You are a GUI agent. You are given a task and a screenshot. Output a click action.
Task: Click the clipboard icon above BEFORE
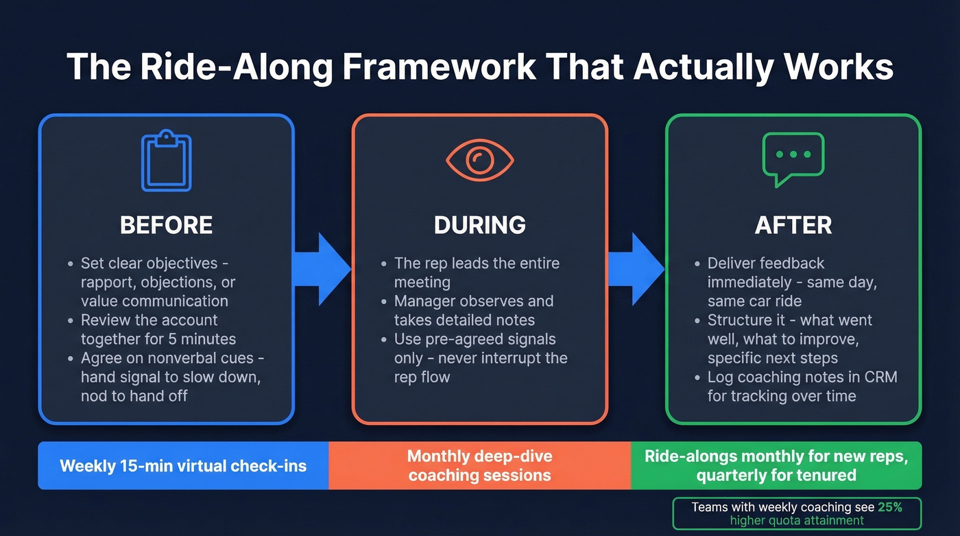click(x=166, y=162)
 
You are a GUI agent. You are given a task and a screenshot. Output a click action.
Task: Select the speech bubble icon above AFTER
click(x=793, y=159)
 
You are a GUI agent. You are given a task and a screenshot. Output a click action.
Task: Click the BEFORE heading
click(x=166, y=225)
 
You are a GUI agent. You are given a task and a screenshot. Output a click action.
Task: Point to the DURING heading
click(x=479, y=225)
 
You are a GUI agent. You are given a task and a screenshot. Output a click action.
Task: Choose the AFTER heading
click(x=793, y=225)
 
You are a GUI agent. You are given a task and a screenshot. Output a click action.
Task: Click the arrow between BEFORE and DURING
click(x=322, y=269)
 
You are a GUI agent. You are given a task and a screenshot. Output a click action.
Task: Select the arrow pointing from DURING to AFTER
click(x=636, y=269)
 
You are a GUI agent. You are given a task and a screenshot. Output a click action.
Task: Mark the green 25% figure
click(x=889, y=507)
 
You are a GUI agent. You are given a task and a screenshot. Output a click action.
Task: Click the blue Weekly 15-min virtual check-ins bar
click(x=183, y=466)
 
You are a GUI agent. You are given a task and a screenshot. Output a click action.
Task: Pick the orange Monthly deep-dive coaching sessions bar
click(x=479, y=465)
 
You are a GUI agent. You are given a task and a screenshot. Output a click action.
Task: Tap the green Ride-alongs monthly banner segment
click(x=776, y=465)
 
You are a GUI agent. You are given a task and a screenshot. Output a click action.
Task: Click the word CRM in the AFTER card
click(x=879, y=377)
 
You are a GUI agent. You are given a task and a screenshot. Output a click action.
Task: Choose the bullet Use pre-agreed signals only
click(x=480, y=358)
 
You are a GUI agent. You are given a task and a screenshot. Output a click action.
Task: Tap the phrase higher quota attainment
click(x=797, y=521)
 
